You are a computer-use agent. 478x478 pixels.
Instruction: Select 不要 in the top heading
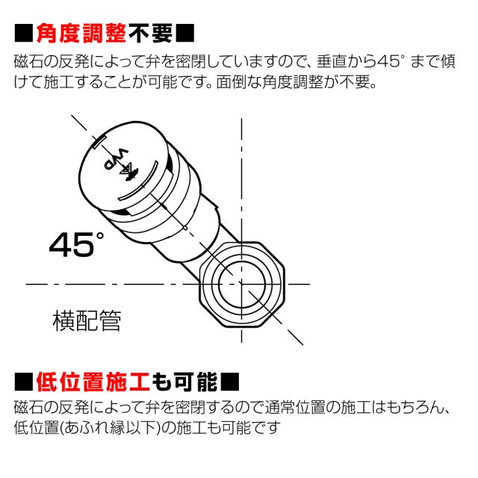[150, 34]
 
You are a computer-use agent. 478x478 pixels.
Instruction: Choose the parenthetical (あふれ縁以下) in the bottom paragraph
[99, 429]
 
